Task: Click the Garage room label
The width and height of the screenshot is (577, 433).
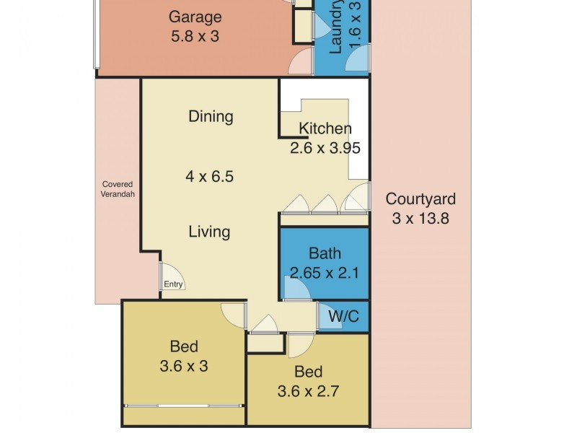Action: [195, 17]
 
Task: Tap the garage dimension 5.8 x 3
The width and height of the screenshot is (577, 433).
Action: [195, 35]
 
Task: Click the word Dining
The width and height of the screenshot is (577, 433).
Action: [211, 116]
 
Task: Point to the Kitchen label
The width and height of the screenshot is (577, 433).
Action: [325, 129]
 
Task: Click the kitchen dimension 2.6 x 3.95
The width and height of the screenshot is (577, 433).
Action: [325, 149]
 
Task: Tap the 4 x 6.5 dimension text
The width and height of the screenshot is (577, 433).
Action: [210, 176]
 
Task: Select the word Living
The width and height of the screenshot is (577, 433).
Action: [209, 232]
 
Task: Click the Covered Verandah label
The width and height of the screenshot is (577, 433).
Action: [117, 189]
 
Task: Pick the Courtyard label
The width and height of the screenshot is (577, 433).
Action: [420, 199]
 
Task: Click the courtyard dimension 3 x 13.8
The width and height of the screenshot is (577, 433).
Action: [420, 218]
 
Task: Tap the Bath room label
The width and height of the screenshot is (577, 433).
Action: [325, 253]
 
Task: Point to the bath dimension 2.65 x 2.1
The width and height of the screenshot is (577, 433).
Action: [325, 273]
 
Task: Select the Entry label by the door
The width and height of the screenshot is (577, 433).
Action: [173, 284]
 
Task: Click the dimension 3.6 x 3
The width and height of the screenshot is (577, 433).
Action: [184, 366]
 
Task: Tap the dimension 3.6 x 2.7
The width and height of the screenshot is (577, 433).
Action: [309, 392]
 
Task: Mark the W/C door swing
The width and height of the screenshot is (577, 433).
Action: [329, 317]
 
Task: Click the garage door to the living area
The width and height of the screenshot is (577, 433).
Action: [299, 63]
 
